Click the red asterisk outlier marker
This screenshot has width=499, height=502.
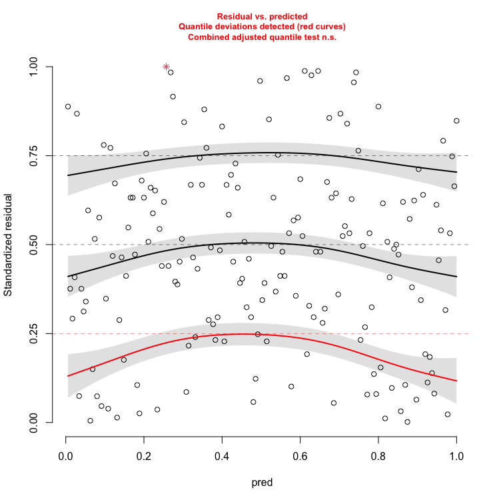[167, 67]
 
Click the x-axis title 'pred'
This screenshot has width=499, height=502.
[261, 482]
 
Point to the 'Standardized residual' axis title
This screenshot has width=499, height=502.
[9, 245]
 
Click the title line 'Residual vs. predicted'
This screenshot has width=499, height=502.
[262, 15]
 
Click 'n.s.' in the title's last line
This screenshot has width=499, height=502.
[326, 37]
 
